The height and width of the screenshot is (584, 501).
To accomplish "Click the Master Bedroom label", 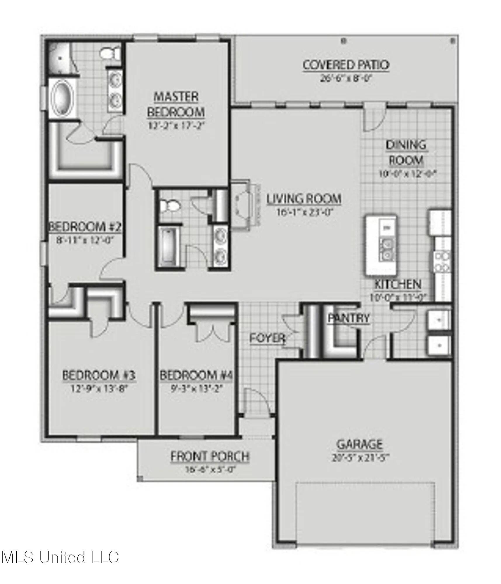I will pyautogui.click(x=176, y=104).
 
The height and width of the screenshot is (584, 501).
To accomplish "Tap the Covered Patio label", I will pyautogui.click(x=346, y=65).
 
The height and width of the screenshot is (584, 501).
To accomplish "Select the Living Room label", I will pyautogui.click(x=304, y=199).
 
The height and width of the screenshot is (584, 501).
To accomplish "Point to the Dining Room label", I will pyautogui.click(x=406, y=152).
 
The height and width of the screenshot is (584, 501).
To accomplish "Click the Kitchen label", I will pyautogui.click(x=398, y=284).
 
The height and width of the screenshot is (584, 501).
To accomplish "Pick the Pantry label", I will pyautogui.click(x=349, y=318).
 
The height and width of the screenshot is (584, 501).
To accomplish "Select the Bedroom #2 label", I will pyautogui.click(x=85, y=227).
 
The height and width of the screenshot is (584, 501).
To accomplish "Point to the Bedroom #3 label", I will pyautogui.click(x=99, y=375).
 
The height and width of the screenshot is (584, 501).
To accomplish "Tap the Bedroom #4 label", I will pyautogui.click(x=196, y=375).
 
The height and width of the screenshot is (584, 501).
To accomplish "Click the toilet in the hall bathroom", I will pyautogui.click(x=169, y=206).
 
